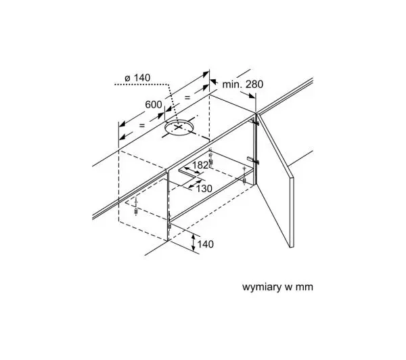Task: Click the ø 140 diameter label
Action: click(x=137, y=78)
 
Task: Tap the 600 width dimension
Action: click(x=154, y=105)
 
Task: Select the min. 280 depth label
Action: click(x=243, y=84)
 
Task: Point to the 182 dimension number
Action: click(x=200, y=164)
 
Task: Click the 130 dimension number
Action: click(x=204, y=189)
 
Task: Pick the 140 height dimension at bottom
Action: click(x=206, y=244)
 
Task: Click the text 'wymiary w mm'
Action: click(x=277, y=287)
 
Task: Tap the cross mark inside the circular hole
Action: click(x=179, y=127)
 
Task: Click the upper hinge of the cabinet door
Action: click(x=255, y=122)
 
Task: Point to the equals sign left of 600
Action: click(x=142, y=125)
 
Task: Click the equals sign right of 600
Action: click(x=187, y=97)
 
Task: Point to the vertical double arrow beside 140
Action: click(x=194, y=242)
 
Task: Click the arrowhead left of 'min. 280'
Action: click(x=213, y=82)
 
